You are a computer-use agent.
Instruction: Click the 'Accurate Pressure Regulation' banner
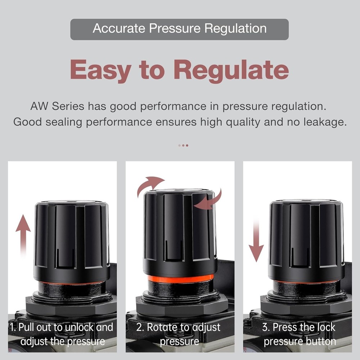(179, 29)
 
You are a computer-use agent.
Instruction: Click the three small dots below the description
(183, 145)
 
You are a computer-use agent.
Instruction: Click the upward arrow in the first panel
(23, 234)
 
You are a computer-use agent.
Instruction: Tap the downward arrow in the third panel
(256, 241)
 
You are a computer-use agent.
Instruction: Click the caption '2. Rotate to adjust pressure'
(179, 334)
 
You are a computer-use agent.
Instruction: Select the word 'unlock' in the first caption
(74, 327)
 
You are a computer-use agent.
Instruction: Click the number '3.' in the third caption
(266, 327)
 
